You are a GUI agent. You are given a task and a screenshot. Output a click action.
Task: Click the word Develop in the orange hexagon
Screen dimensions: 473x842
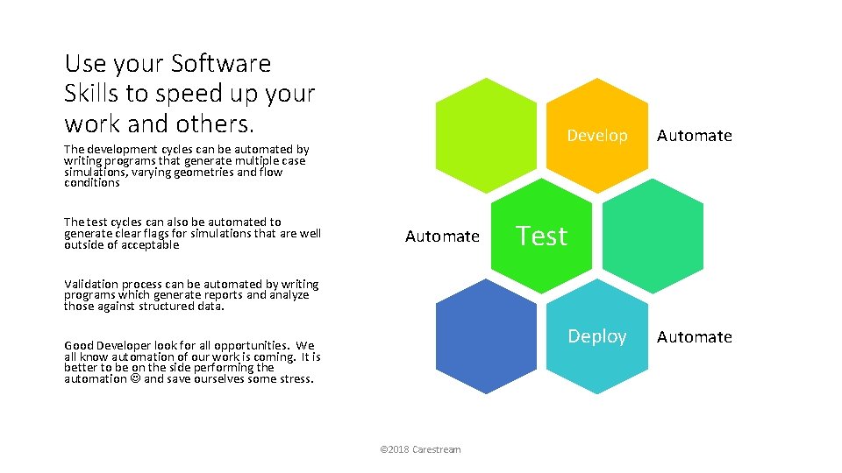click(596, 136)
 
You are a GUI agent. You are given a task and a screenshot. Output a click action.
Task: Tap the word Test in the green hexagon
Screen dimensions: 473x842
click(541, 236)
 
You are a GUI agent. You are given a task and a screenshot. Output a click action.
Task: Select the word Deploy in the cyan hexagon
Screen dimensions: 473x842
click(596, 336)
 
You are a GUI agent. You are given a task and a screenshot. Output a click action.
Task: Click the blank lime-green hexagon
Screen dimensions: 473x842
click(486, 135)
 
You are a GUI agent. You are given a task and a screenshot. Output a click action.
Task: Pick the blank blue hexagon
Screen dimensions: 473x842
click(486, 336)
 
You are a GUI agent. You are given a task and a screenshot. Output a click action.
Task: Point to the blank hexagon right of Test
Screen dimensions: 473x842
click(653, 236)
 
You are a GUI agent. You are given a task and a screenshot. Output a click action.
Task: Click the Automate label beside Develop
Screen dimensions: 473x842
click(694, 136)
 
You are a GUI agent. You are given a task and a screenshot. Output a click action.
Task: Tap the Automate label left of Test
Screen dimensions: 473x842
click(442, 236)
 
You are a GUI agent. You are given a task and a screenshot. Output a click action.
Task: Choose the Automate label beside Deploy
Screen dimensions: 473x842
click(694, 336)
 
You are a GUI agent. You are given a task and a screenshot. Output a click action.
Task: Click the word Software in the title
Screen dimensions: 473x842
click(221, 64)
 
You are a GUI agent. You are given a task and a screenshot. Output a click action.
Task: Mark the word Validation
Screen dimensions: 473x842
click(92, 284)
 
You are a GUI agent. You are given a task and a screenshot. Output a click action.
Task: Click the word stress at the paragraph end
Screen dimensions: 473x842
click(294, 379)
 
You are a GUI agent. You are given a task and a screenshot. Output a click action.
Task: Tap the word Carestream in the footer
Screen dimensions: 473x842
click(435, 449)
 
